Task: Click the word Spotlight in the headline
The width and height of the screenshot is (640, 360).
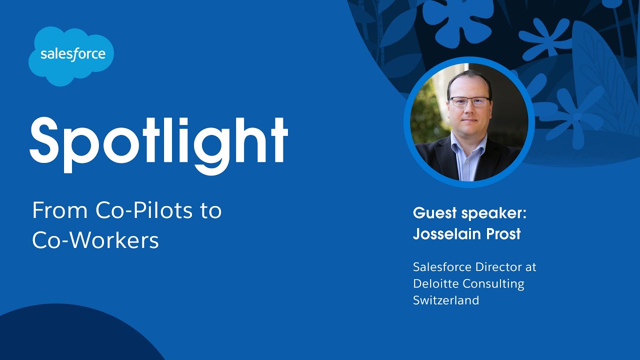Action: (158, 139)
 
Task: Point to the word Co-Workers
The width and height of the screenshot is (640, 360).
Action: (95, 240)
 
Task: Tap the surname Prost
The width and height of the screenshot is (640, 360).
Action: (503, 233)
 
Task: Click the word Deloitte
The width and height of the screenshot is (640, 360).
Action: (435, 283)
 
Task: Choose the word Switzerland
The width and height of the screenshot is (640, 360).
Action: (446, 300)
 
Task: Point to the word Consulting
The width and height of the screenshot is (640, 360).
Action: (493, 284)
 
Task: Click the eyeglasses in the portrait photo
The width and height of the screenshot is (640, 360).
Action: (468, 101)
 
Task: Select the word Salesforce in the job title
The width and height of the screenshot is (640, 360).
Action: (442, 267)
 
